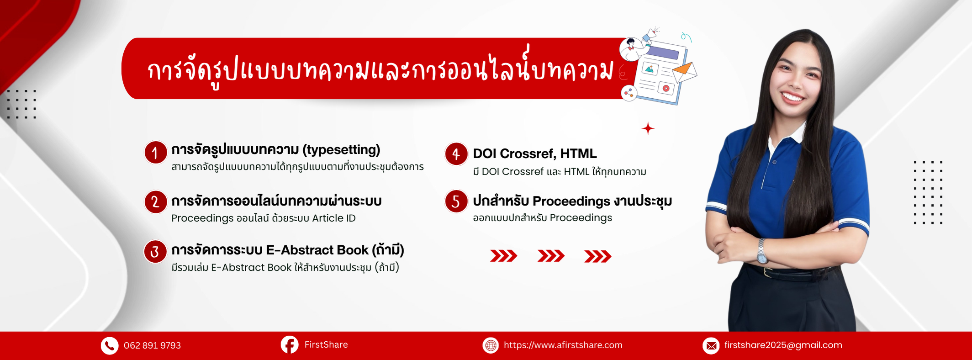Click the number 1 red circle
click(155, 153)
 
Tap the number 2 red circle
click(155, 201)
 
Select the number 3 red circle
click(155, 252)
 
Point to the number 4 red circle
click(456, 154)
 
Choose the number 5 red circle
click(456, 201)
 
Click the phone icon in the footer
click(110, 346)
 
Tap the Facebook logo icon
click(290, 345)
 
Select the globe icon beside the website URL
click(491, 345)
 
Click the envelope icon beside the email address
click(711, 346)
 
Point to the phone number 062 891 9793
click(152, 345)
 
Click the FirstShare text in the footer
click(326, 344)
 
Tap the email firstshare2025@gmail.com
click(783, 345)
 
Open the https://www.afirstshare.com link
click(563, 345)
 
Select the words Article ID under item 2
click(334, 218)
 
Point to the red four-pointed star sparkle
click(648, 128)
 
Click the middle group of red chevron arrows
click(551, 256)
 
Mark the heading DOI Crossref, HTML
click(535, 154)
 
